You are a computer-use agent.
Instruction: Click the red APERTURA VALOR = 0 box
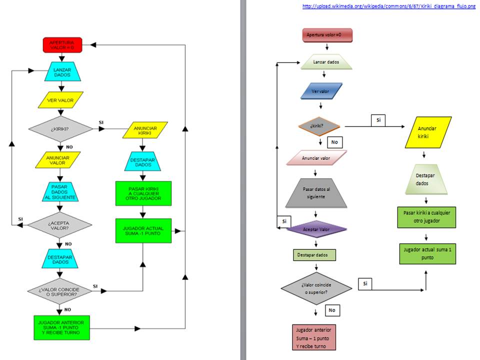pyautogui.click(x=61, y=44)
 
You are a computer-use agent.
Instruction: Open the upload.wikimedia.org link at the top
pyautogui.click(x=389, y=6)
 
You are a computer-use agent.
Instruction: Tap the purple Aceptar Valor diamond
pyautogui.click(x=317, y=229)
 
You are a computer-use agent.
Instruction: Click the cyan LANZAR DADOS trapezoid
pyautogui.click(x=62, y=71)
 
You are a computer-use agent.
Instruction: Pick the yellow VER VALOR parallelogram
pyautogui.click(x=60, y=100)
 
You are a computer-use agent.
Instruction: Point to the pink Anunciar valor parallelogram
pyautogui.click(x=316, y=158)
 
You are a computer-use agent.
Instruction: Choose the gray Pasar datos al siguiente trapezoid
pyautogui.click(x=316, y=193)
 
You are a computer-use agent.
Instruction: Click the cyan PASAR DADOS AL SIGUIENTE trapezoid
pyautogui.click(x=62, y=191)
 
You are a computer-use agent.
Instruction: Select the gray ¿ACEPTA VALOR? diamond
pyautogui.click(x=60, y=224)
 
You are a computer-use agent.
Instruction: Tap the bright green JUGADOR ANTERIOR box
pyautogui.click(x=61, y=326)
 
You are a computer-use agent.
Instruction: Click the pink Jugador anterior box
pyautogui.click(x=314, y=337)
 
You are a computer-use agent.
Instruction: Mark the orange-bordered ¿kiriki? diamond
pyautogui.click(x=319, y=126)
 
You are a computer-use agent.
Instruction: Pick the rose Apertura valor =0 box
pyautogui.click(x=327, y=35)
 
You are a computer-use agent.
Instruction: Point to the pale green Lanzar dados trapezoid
pyautogui.click(x=326, y=62)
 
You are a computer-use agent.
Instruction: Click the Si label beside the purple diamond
pyautogui.click(x=284, y=221)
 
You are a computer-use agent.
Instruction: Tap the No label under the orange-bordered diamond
pyautogui.click(x=334, y=142)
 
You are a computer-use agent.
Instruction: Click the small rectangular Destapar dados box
pyautogui.click(x=314, y=255)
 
